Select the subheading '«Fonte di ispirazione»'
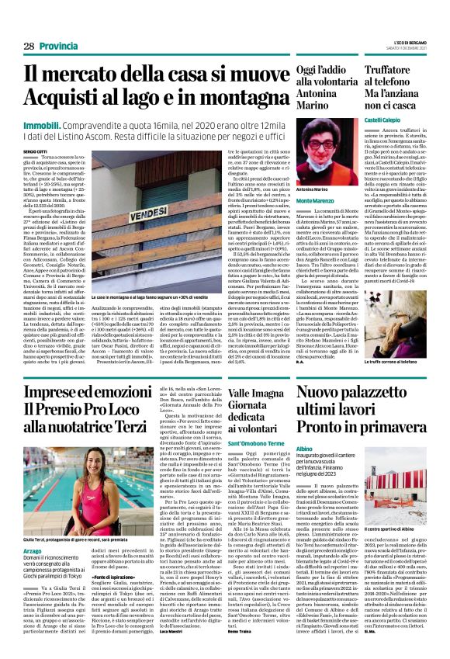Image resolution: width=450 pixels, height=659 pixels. pyautogui.click(x=116, y=579)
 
